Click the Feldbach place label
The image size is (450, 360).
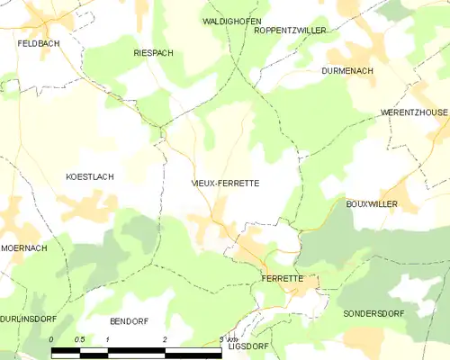pyautogui.click(x=39, y=42)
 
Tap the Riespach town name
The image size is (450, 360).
pyautogui.click(x=153, y=54)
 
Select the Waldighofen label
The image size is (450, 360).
pyautogui.click(x=225, y=19)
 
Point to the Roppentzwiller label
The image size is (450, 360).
pyautogui.click(x=290, y=30)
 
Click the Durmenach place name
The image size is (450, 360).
pyautogui.click(x=348, y=69)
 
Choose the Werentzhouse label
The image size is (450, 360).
pyautogui.click(x=414, y=113)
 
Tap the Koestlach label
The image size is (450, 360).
pyautogui.click(x=90, y=177)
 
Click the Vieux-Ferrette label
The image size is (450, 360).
pyautogui.click(x=226, y=183)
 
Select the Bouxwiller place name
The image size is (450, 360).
pyautogui.click(x=372, y=204)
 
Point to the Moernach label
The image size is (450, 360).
pyautogui.click(x=24, y=247)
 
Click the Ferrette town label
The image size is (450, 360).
pyautogui.click(x=282, y=279)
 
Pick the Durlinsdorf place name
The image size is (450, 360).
pyautogui.click(x=26, y=319)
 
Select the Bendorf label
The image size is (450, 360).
pyautogui.click(x=129, y=321)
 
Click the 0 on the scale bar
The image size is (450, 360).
pyautogui.click(x=52, y=339)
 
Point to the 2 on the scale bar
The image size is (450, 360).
pyautogui.click(x=165, y=339)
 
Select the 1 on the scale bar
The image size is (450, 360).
pyautogui.click(x=108, y=339)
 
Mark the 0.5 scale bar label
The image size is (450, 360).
pyautogui.click(x=79, y=339)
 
